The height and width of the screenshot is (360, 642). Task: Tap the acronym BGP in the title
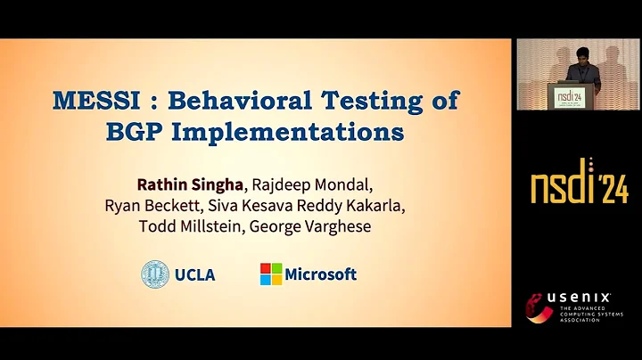tap(137, 132)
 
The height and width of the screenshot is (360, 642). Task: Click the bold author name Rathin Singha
tap(188, 184)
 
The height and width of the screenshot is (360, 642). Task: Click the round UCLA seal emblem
tap(155, 274)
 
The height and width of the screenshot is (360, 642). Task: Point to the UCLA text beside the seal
tap(194, 274)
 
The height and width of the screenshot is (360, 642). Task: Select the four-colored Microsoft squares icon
tap(271, 274)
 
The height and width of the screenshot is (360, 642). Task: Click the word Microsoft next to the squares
tap(322, 274)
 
